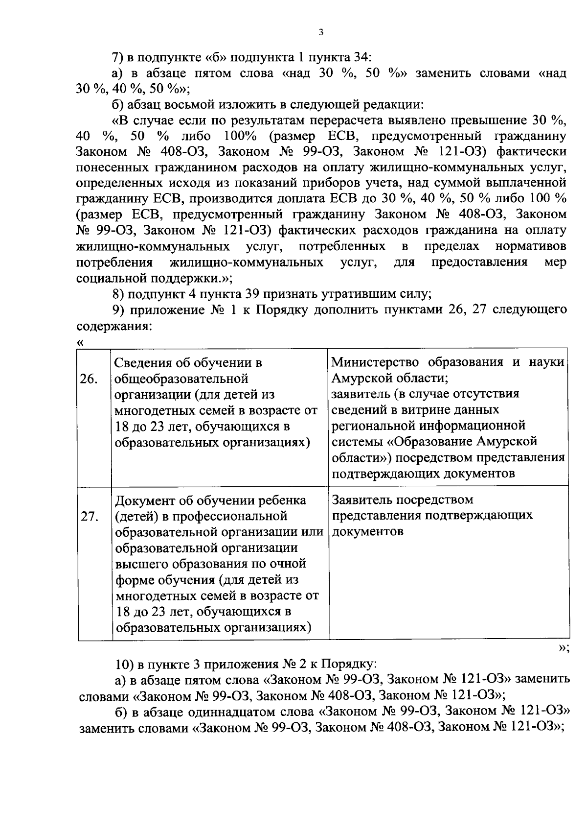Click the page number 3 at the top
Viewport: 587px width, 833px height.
[320, 33]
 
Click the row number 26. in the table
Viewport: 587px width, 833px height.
[88, 379]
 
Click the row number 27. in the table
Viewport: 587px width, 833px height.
[89, 517]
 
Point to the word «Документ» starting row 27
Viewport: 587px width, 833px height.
[145, 500]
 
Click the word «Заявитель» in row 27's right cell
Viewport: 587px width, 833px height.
[362, 500]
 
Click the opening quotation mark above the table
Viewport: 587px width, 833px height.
[81, 342]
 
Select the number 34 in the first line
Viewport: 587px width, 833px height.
[361, 57]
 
